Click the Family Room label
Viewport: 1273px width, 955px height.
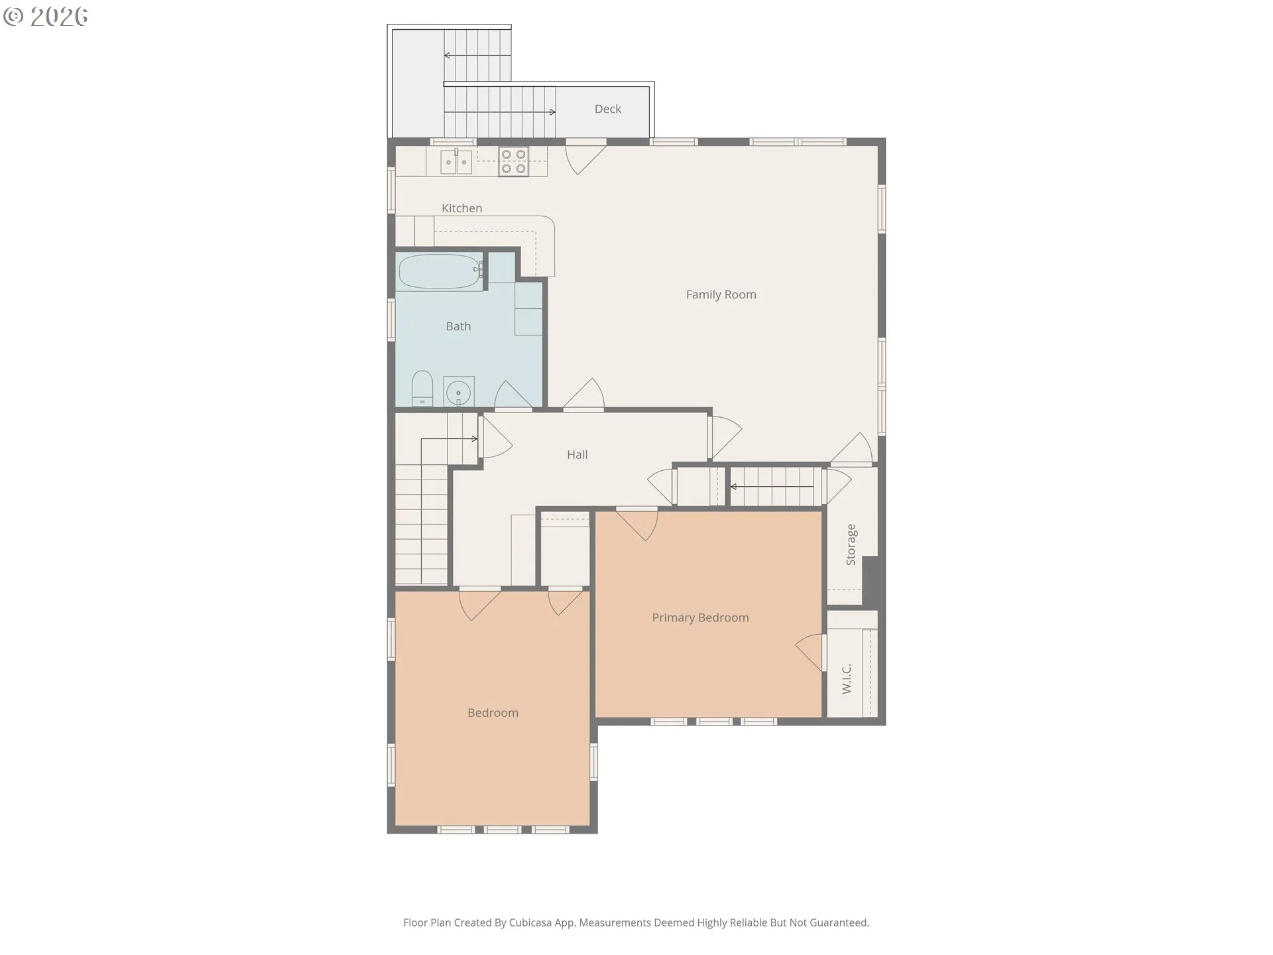[721, 294]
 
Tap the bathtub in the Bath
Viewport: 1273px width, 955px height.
[440, 272]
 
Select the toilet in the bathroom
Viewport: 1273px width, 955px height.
[422, 389]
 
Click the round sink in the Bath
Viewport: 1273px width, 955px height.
[458, 392]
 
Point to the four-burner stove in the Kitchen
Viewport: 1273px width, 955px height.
[513, 161]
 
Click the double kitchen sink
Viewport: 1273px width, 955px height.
[456, 162]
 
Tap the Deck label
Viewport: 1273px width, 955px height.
[607, 109]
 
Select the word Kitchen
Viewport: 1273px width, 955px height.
[461, 208]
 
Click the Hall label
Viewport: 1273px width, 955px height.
[577, 455]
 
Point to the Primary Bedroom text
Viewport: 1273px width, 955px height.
[700, 618]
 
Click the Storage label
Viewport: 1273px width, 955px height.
[851, 544]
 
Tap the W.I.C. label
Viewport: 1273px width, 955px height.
[847, 678]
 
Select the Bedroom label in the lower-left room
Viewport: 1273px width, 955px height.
[493, 713]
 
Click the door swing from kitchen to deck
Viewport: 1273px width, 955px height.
[583, 158]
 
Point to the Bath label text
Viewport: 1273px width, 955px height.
[458, 326]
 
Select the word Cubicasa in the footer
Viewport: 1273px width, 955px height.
[530, 923]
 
